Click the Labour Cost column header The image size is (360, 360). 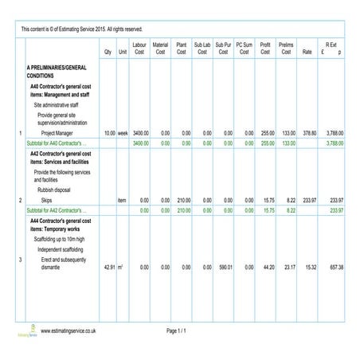[x=139, y=49]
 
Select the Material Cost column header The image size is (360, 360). [x=160, y=49]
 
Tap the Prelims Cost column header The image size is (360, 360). [x=286, y=49]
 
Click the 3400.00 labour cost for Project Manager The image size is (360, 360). [x=140, y=133]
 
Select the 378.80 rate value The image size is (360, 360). [x=308, y=133]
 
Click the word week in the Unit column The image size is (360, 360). [x=123, y=133]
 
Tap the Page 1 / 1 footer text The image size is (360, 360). [x=176, y=330]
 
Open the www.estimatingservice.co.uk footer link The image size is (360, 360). [x=68, y=330]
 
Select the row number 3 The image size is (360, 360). [x=19, y=260]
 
